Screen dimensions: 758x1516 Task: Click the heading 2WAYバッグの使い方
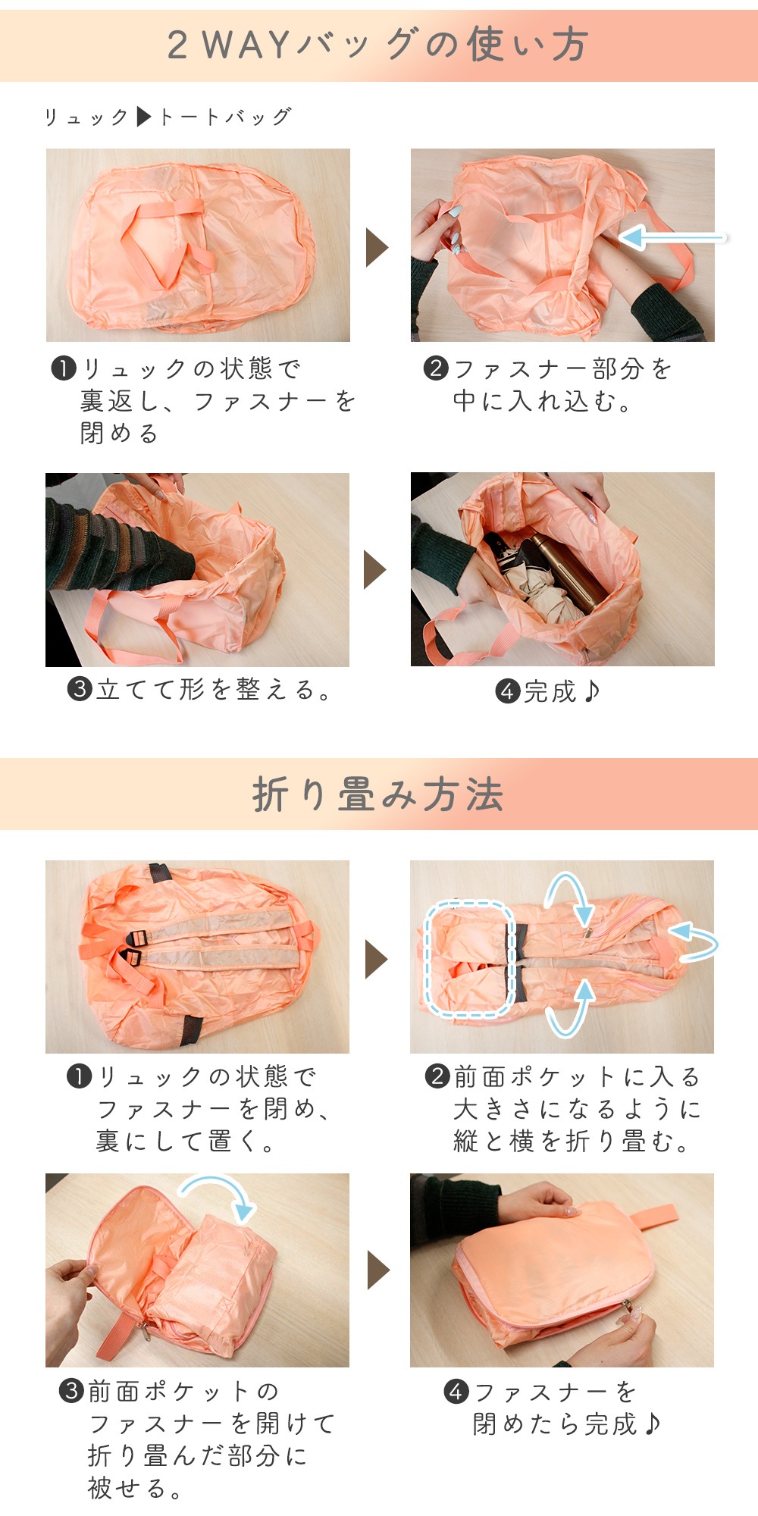[377, 45]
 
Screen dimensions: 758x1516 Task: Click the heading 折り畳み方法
[377, 794]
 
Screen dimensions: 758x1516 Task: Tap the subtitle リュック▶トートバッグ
[168, 117]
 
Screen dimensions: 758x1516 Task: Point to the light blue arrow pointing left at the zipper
[672, 237]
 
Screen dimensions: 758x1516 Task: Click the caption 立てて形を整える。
[199, 690]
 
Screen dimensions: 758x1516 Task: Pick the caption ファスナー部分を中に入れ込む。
[547, 385]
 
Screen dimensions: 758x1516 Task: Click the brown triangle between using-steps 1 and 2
[377, 247]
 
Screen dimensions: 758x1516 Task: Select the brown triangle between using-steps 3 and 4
[375, 570]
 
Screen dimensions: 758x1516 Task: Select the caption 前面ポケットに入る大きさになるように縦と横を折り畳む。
[565, 1109]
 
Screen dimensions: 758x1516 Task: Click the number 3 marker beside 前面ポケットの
[71, 1391]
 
